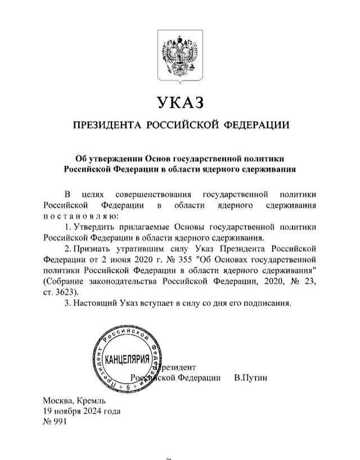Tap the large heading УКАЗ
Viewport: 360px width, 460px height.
(179, 102)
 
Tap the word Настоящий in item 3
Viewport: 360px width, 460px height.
(94, 303)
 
